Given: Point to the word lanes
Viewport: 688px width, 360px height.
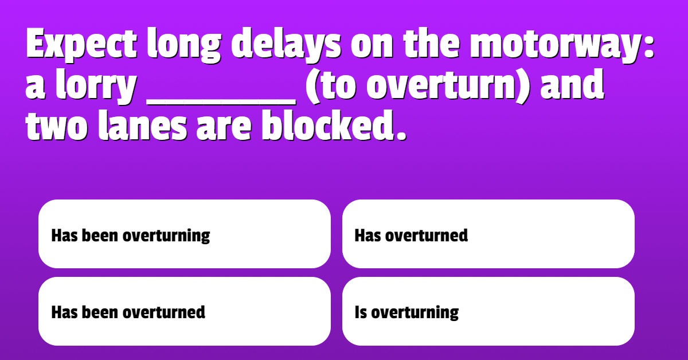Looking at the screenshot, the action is pos(143,126).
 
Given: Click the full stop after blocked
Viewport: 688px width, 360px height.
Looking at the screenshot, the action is pos(401,135).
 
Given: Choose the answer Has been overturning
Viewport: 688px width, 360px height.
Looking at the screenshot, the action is pos(131,236).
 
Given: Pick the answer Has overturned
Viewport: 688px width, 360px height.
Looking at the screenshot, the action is pos(411,236).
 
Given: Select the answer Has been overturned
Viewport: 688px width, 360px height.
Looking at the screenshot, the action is pos(128,312).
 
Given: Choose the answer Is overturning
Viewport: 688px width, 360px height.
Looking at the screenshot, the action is pos(406,312).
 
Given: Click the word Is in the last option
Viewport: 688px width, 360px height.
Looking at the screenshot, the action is pos(361,312).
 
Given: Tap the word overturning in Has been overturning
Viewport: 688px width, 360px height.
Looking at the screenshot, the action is pos(166,236).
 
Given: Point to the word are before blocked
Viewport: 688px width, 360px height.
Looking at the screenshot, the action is pos(225,129).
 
